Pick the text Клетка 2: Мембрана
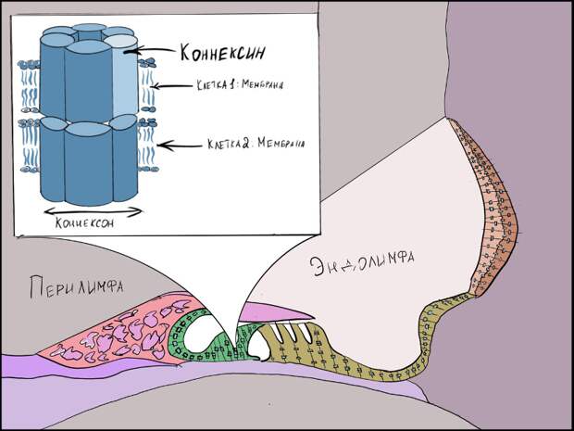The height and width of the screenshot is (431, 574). tap(231, 144)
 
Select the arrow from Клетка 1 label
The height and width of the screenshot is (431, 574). tap(164, 87)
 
